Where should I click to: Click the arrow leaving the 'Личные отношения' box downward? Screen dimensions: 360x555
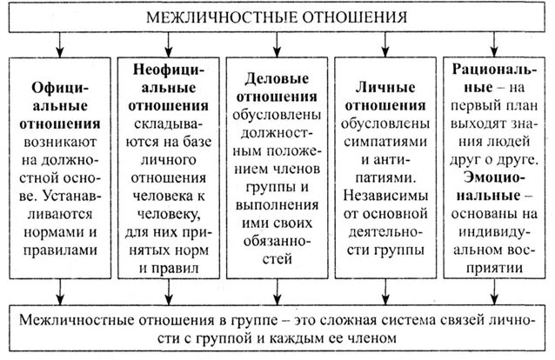(x=384, y=287)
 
